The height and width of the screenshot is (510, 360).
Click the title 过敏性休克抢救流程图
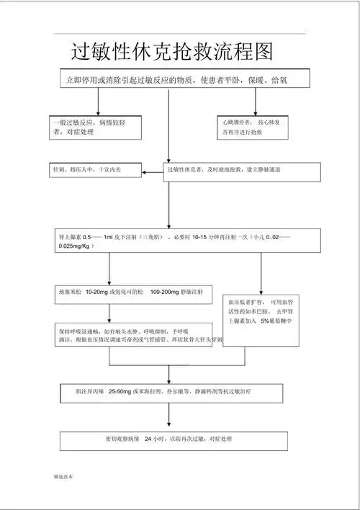172,51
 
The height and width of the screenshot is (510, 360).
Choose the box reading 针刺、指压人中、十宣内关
94,171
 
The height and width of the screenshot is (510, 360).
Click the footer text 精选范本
63,477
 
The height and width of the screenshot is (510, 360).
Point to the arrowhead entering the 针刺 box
143,171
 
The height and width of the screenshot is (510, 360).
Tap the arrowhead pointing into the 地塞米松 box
109,281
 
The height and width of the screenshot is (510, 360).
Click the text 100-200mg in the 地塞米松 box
165,292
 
